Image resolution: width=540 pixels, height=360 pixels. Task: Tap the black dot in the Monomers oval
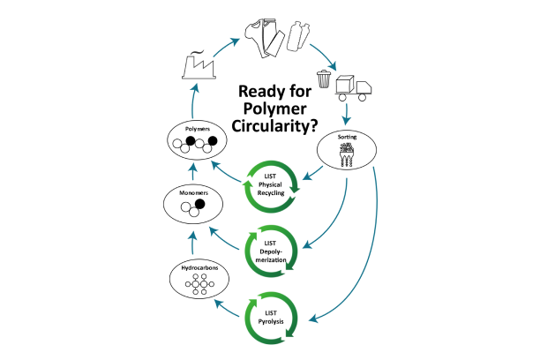[x=200, y=205]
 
